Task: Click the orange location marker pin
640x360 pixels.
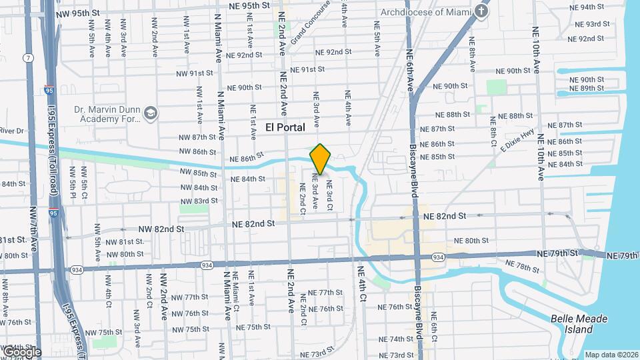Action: point(321,159)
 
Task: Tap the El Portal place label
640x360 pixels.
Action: point(285,127)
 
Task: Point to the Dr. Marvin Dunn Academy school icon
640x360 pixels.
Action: point(150,113)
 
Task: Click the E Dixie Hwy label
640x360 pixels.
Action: point(520,142)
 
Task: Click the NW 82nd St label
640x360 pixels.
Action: point(161,229)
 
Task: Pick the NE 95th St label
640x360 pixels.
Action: point(247,5)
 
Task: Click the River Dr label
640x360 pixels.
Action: point(11,131)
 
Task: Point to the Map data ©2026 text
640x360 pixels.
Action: point(610,355)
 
